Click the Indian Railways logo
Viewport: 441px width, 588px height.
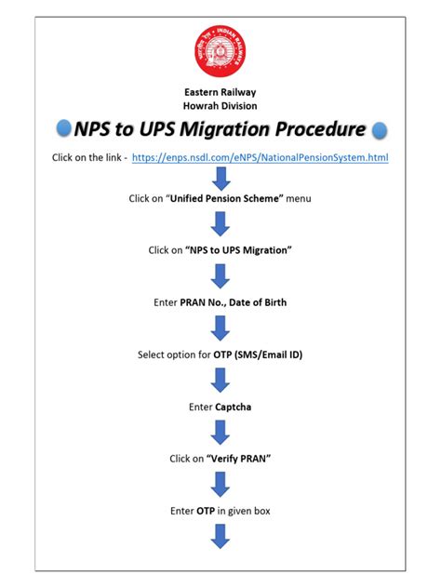(x=220, y=53)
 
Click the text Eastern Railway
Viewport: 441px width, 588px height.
(x=220, y=92)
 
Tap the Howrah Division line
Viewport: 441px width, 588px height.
(x=220, y=106)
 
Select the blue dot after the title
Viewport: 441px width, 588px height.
(x=379, y=130)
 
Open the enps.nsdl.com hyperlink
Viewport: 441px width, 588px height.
(x=261, y=158)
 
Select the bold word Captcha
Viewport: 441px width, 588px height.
(x=234, y=407)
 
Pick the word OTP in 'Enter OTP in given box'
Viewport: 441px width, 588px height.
(x=207, y=511)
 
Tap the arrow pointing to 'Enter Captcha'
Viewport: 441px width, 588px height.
(x=220, y=381)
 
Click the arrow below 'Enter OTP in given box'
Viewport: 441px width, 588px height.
(x=220, y=537)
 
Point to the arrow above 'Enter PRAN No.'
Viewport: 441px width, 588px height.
(x=220, y=276)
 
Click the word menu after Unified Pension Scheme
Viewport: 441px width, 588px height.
(x=298, y=198)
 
